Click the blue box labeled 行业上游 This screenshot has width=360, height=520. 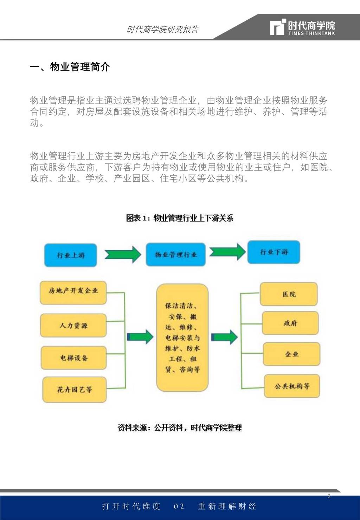click(71, 255)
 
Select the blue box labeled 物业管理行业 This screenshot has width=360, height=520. click(176, 255)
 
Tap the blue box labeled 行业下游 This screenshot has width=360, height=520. click(274, 252)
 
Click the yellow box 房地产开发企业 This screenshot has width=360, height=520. click(73, 293)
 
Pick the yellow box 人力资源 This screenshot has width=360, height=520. click(73, 326)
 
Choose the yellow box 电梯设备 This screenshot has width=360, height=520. click(73, 358)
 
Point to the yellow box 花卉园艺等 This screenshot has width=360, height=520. click(75, 390)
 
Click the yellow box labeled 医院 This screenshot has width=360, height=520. click(289, 294)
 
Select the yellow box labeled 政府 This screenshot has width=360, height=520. click(290, 323)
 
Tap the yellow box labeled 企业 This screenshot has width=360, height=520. click(291, 354)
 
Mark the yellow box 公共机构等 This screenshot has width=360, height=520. click(292, 386)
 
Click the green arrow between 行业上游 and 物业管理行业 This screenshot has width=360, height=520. click(123, 255)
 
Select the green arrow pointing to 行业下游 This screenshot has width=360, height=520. click(227, 252)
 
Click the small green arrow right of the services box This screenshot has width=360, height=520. click(224, 337)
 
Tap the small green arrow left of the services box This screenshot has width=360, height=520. click(140, 336)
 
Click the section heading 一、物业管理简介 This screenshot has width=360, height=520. click(70, 67)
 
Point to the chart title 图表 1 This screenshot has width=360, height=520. click(180, 218)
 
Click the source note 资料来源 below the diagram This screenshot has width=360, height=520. click(180, 428)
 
